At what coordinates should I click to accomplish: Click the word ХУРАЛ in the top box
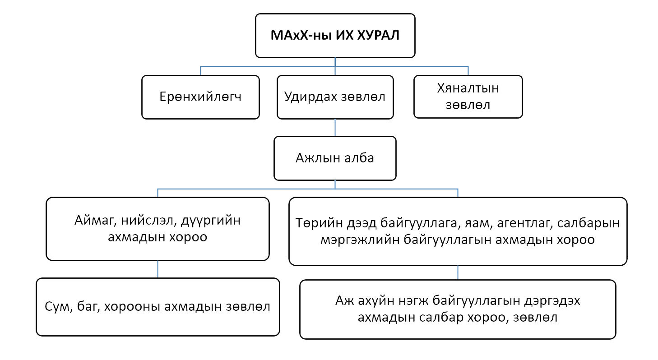(378, 36)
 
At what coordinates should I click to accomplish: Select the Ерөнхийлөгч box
(201, 97)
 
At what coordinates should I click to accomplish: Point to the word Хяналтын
(468, 88)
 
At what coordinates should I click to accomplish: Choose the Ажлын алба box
(335, 158)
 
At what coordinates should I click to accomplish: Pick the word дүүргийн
(211, 221)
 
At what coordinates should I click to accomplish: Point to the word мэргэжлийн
(360, 240)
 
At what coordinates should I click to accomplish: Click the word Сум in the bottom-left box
(59, 307)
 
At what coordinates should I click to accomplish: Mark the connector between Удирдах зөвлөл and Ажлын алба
(335, 128)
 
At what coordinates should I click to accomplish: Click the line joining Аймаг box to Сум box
(158, 269)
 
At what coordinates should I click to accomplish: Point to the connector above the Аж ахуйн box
(458, 273)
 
